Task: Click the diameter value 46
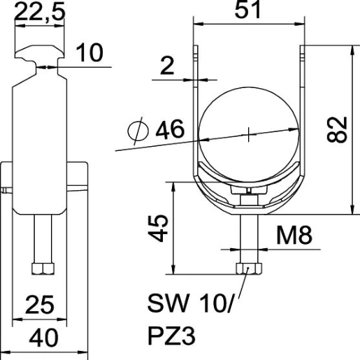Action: pos(170,129)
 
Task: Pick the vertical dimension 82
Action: pos(338,130)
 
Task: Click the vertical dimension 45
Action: pos(160,228)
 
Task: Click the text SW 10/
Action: pos(184,304)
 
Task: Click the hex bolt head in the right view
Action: pos(248,269)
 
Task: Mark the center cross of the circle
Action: pos(248,134)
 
